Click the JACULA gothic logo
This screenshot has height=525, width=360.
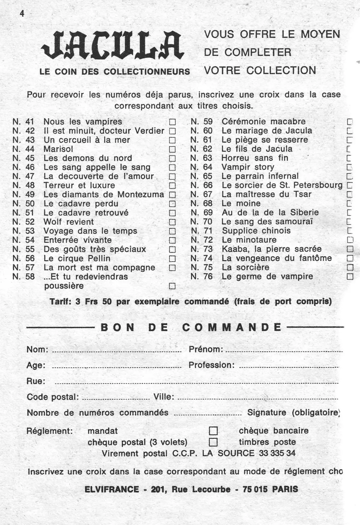pyautogui.click(x=112, y=46)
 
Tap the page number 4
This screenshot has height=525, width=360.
pyautogui.click(x=22, y=13)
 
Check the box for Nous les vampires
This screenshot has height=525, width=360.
pyautogui.click(x=172, y=122)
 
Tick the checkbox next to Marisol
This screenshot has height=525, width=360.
pyautogui.click(x=172, y=149)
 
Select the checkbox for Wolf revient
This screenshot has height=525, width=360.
pyautogui.click(x=172, y=222)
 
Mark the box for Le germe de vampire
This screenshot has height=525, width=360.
pyautogui.click(x=350, y=277)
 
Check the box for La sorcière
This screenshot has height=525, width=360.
pyautogui.click(x=350, y=267)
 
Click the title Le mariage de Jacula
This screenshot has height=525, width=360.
pyautogui.click(x=267, y=131)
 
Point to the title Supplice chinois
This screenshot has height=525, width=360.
pyautogui.click(x=256, y=231)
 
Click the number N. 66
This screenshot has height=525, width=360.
pyautogui.click(x=201, y=185)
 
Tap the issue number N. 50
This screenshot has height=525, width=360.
pyautogui.click(x=24, y=204)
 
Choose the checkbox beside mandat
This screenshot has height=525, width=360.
pyautogui.click(x=213, y=431)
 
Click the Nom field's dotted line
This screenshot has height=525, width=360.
pyautogui.click(x=117, y=352)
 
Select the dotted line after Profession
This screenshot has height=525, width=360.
pyautogui.click(x=288, y=367)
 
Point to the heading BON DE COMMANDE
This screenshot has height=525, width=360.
pyautogui.click(x=191, y=327)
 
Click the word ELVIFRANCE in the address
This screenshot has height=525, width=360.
pyautogui.click(x=112, y=490)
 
